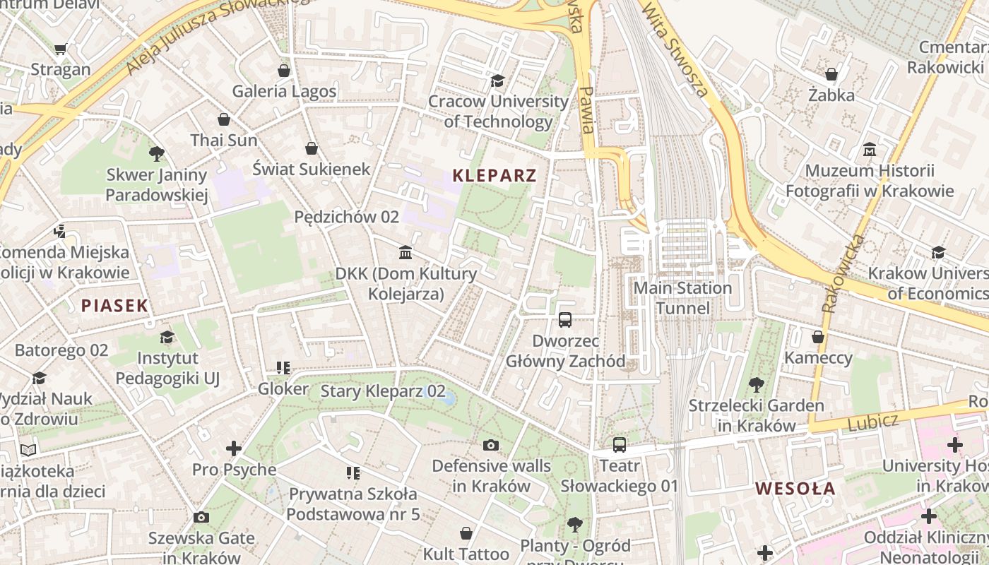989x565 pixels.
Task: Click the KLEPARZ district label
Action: [x=494, y=175]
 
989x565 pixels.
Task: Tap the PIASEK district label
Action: [x=114, y=306]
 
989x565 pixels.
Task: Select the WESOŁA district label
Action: [x=795, y=488]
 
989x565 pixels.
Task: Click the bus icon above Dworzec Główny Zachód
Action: [x=565, y=319]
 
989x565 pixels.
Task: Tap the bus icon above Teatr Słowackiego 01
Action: [x=619, y=444]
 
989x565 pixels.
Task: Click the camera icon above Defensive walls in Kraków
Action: [x=490, y=444]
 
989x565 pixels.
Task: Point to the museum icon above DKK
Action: [x=405, y=252]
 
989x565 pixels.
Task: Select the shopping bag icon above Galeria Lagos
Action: [x=284, y=71]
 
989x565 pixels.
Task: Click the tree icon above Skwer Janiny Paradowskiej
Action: [x=157, y=153]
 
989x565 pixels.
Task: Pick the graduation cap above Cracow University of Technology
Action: [x=498, y=81]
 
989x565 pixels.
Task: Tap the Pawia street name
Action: [x=586, y=110]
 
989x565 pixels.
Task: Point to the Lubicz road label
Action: [x=873, y=422]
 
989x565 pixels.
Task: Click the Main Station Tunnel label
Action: [x=682, y=298]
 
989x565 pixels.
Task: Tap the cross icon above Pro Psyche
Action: [x=234, y=448]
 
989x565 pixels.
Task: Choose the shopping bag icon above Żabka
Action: [x=831, y=74]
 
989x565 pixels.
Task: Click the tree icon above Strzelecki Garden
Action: [x=757, y=385]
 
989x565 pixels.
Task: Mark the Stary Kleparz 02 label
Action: [x=383, y=391]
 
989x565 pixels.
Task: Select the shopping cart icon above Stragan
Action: [x=61, y=49]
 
